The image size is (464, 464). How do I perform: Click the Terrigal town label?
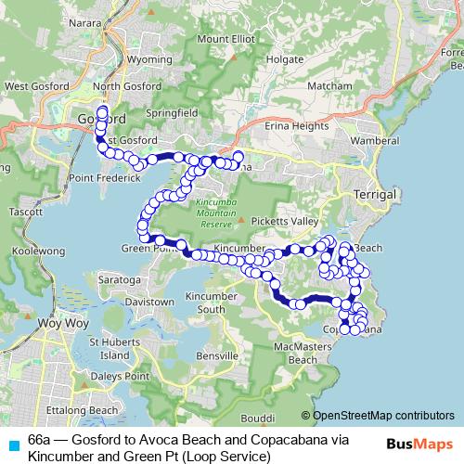click(375, 195)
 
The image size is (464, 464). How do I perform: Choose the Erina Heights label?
click(298, 125)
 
